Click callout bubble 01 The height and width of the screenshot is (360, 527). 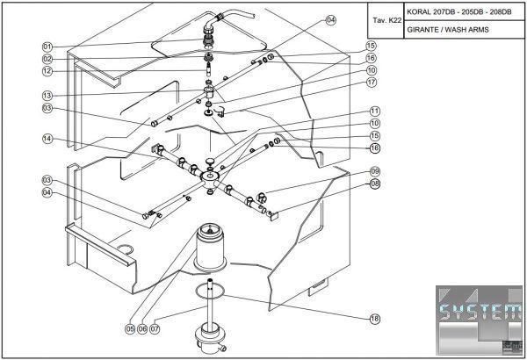[47, 46]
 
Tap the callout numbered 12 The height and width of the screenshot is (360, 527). [47, 70]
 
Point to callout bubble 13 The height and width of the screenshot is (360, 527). [47, 95]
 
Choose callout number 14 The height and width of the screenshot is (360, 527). [47, 138]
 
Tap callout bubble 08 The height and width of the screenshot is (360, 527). [375, 184]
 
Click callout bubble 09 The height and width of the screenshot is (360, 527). [375, 171]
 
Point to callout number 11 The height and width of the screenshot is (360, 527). [375, 112]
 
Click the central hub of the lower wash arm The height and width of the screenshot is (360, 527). [210, 177]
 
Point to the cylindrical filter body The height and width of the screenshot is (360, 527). [210, 250]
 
